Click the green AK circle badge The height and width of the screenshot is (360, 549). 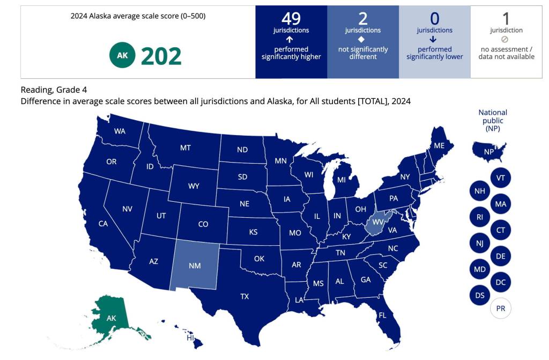(122, 56)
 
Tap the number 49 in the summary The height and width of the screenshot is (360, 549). (291, 19)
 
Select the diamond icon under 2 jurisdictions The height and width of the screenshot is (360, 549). (363, 39)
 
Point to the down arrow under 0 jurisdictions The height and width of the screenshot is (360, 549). (434, 39)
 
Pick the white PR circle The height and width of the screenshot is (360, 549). (501, 308)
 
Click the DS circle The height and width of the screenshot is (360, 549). (479, 295)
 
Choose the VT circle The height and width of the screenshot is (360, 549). (501, 178)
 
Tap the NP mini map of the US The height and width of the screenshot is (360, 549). (488, 151)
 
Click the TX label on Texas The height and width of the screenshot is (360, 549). (244, 296)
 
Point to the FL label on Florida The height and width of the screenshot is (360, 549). (382, 315)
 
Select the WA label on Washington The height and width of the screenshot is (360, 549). (120, 131)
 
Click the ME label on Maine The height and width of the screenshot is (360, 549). (439, 145)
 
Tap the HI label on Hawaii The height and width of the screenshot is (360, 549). (190, 338)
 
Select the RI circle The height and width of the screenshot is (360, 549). (479, 217)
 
